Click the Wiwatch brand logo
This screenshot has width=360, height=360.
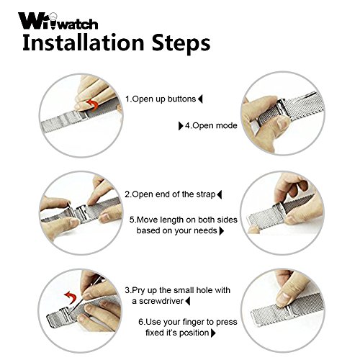tap(58, 21)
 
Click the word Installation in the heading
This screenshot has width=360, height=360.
tap(84, 42)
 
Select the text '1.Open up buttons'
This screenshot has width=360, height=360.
tap(161, 99)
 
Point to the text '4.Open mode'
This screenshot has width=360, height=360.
tap(211, 125)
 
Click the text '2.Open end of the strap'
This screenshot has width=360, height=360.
tap(170, 194)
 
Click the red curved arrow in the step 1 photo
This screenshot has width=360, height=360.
tap(93, 105)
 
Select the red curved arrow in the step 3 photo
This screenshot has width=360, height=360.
tap(71, 297)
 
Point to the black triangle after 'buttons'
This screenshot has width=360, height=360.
tap(200, 99)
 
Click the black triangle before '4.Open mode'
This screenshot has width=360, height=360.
tap(181, 126)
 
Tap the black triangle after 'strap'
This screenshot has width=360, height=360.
tap(219, 194)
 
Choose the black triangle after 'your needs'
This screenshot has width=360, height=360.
tap(222, 231)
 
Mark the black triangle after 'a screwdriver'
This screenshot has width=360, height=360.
tap(188, 301)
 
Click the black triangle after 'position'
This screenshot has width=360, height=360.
tap(213, 333)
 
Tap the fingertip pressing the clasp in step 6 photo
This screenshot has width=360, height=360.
tap(283, 300)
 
